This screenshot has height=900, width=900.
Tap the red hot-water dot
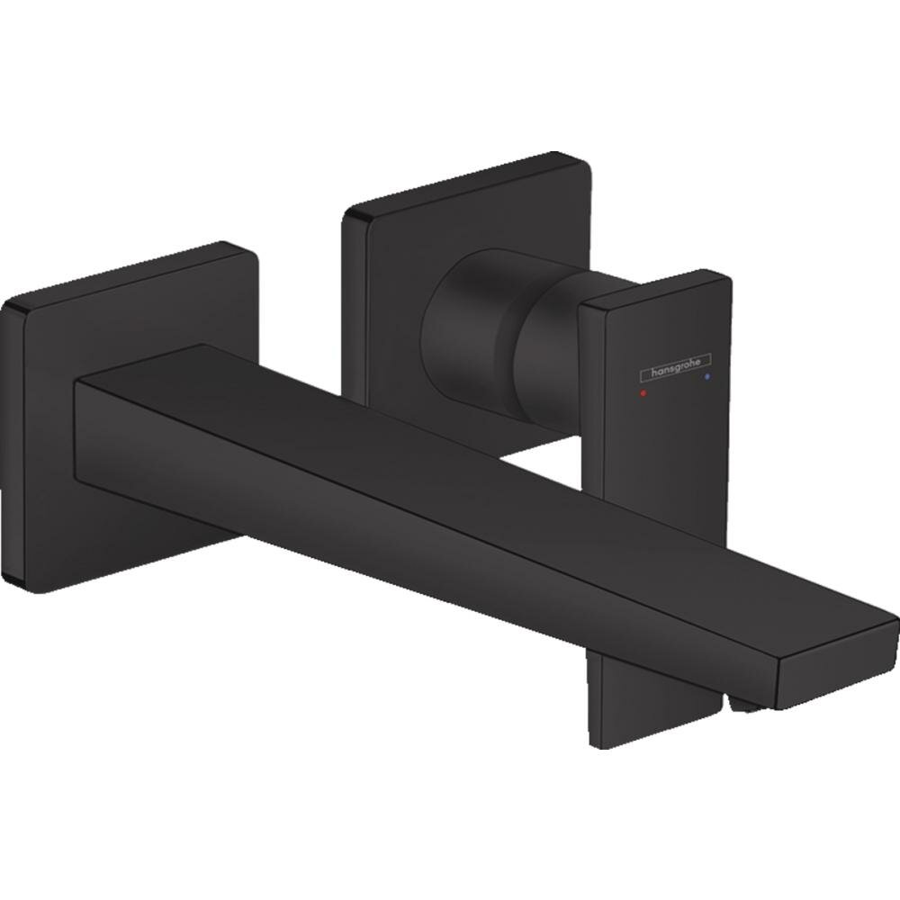tap(641, 394)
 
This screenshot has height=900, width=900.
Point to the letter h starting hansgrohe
tap(642, 370)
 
